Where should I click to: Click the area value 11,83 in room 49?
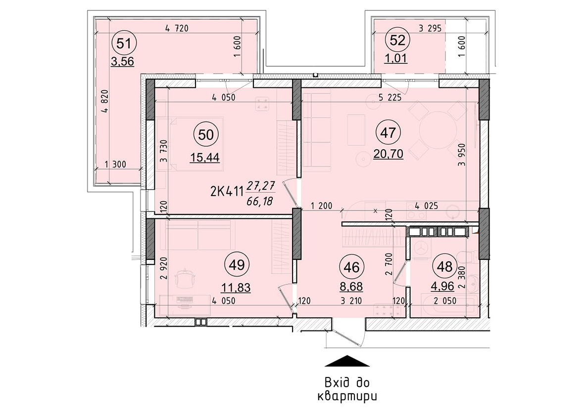pos(237,287)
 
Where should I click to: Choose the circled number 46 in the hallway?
pos(352,267)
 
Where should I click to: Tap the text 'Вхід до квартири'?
pos(347,389)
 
